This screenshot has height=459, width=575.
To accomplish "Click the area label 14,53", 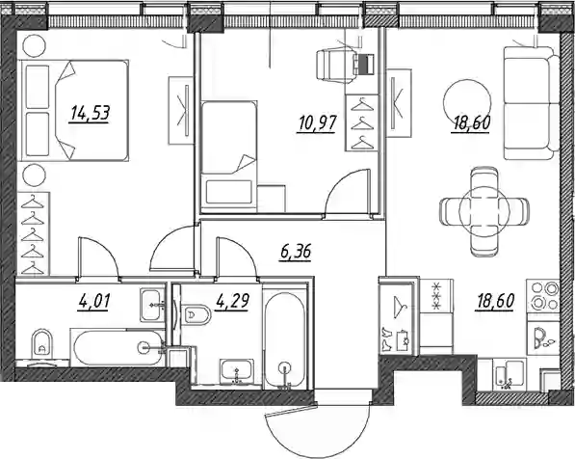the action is coord(91,113).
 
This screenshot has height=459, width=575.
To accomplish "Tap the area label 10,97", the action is coord(317,123).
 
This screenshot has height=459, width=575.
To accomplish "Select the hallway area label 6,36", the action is coord(295,253).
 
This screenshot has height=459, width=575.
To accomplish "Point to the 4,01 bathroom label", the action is coord(93,302).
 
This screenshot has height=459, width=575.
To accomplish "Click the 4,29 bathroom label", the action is coord(233,302).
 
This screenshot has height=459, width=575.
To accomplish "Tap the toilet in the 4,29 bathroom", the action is coord(196,315).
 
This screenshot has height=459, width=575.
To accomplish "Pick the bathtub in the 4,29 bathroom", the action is coord(284,338).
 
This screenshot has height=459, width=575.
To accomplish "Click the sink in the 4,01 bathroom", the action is coord(151,305).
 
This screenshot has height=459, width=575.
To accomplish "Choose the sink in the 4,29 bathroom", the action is coord(237,371).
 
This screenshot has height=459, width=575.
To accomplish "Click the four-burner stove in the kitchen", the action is coord(543,296).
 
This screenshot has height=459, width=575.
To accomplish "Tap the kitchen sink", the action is coord(510,374).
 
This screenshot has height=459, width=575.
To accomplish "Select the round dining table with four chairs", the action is coord(484,211).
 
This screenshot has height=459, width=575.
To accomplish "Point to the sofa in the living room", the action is coord(531,103).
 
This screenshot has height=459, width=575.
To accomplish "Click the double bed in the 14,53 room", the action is coord(75,110).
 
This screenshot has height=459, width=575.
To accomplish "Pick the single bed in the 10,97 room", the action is coord(228,153).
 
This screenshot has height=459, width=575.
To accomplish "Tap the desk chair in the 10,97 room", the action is coord(337,65).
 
